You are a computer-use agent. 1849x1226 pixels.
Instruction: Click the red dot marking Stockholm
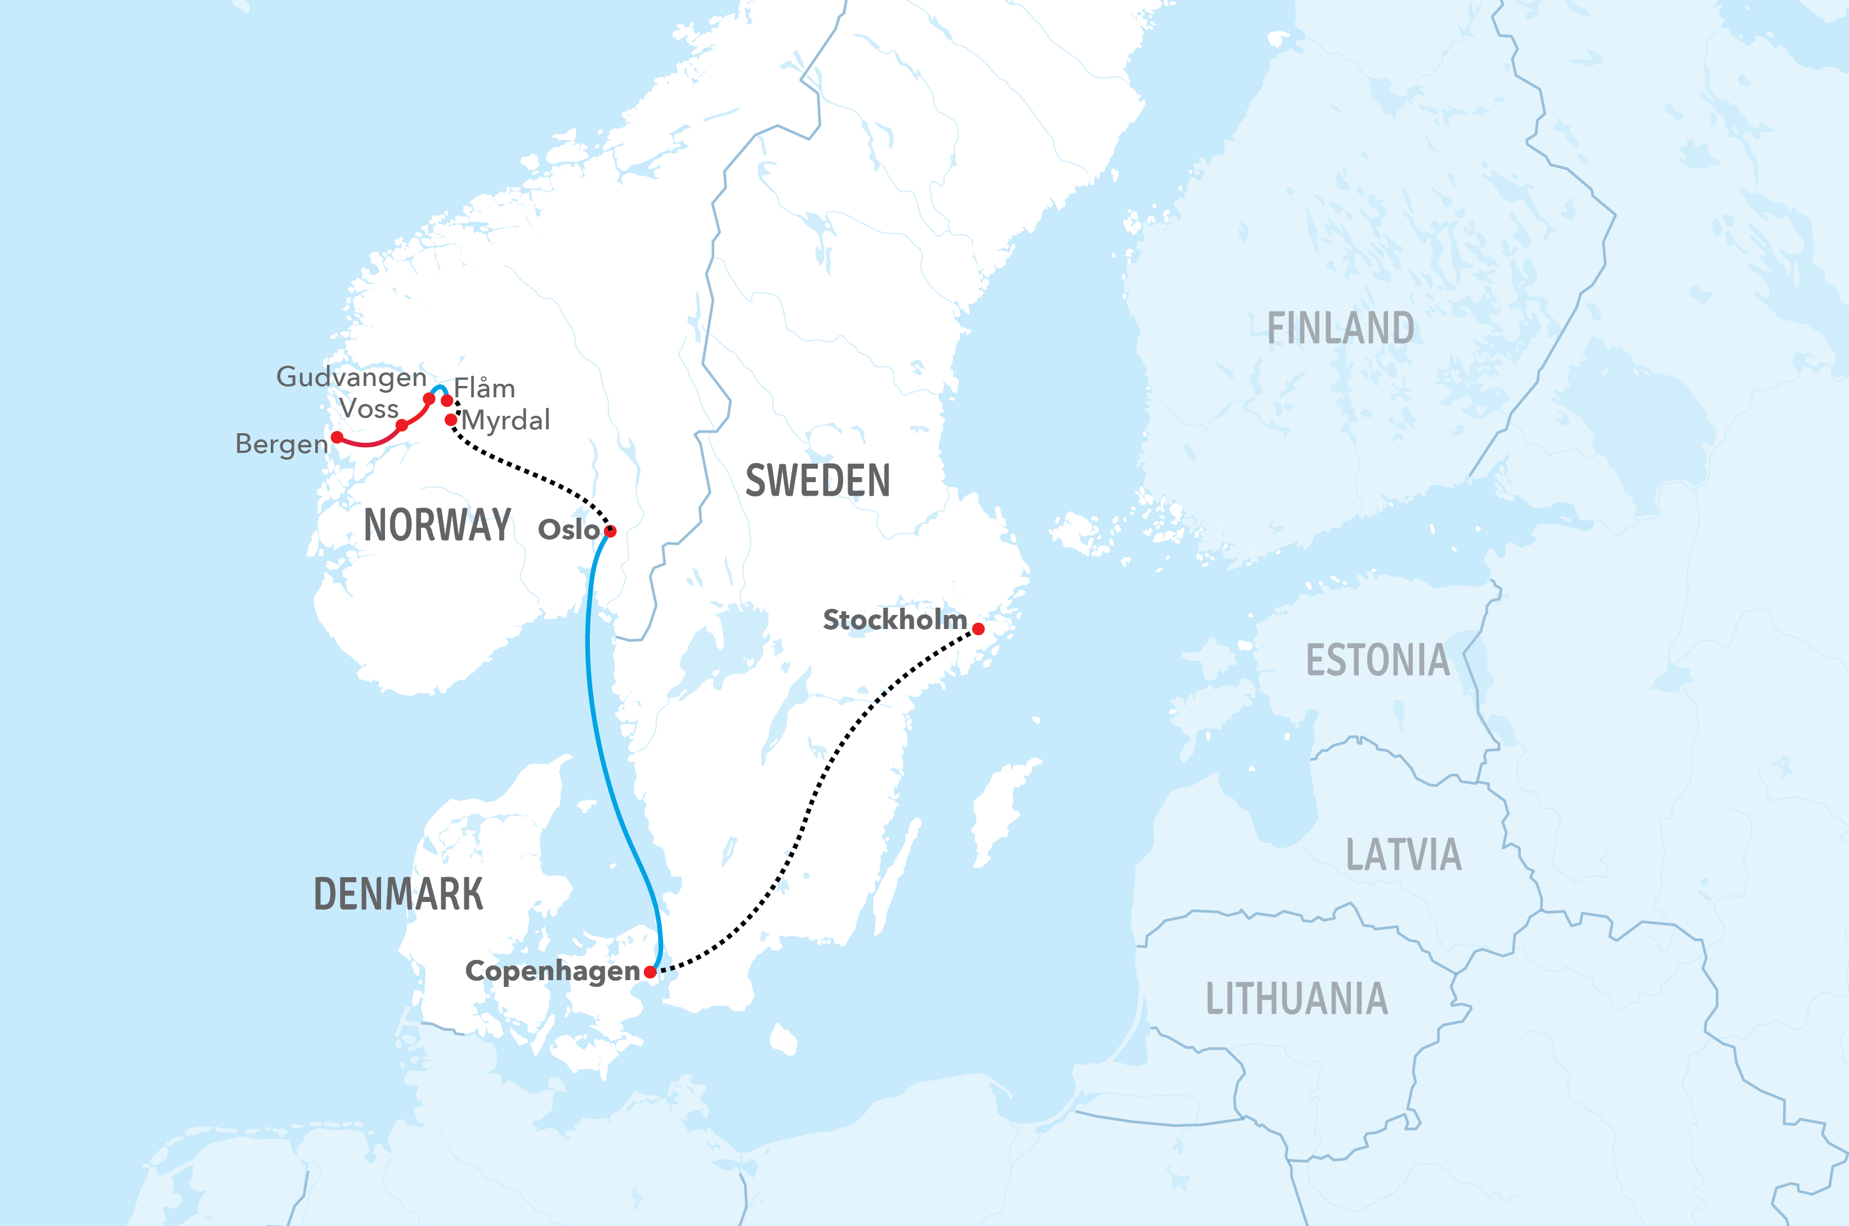point(978,628)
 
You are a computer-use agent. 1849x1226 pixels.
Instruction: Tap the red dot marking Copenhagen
point(650,972)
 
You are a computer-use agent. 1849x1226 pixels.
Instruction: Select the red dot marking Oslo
point(611,532)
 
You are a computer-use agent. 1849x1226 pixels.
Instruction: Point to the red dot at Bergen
point(337,437)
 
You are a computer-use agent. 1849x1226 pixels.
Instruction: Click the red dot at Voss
point(401,425)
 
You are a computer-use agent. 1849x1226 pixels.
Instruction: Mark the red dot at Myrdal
point(450,420)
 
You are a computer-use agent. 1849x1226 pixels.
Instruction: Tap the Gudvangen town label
point(351,378)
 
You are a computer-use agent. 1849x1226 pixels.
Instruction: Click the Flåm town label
point(484,388)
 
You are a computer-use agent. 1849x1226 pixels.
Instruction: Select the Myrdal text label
point(506,421)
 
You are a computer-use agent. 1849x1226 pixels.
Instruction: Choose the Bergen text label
point(281,444)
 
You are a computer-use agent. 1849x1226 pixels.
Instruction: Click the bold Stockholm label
point(895,619)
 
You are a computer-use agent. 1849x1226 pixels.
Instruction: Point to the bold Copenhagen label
point(552,971)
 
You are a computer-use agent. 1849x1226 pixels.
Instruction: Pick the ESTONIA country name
point(1377,660)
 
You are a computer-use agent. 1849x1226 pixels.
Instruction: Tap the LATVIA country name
point(1403,855)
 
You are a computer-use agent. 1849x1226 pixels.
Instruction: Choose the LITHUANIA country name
point(1296,999)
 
